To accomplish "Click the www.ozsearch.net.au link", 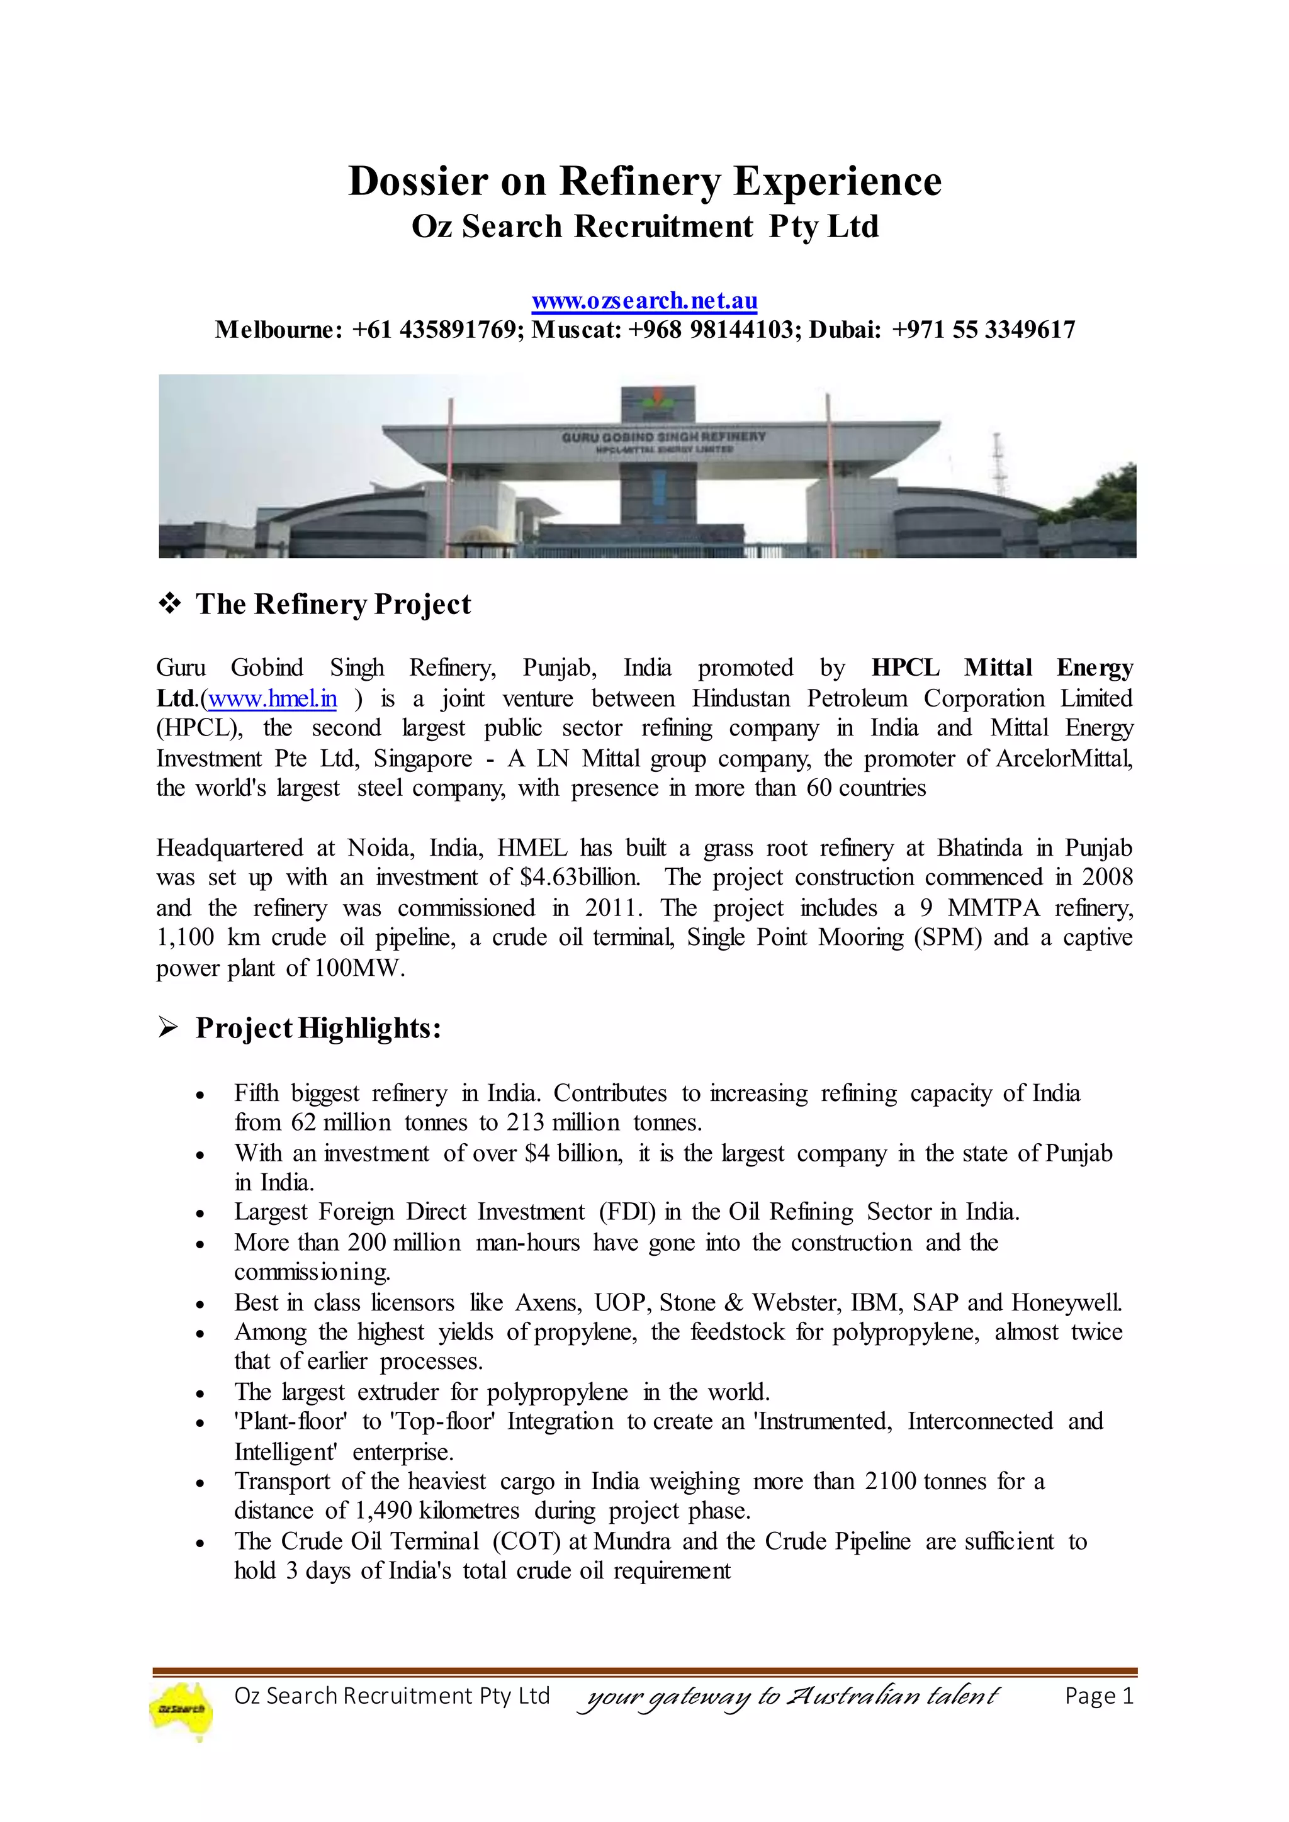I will (x=644, y=301).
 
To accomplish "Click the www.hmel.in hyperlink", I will (x=273, y=699).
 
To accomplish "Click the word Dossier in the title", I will (x=419, y=181).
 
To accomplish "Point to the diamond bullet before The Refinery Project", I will (x=169, y=604).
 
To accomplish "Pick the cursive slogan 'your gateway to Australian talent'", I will (x=791, y=1697).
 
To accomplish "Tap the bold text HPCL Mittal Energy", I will (x=1001, y=668).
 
